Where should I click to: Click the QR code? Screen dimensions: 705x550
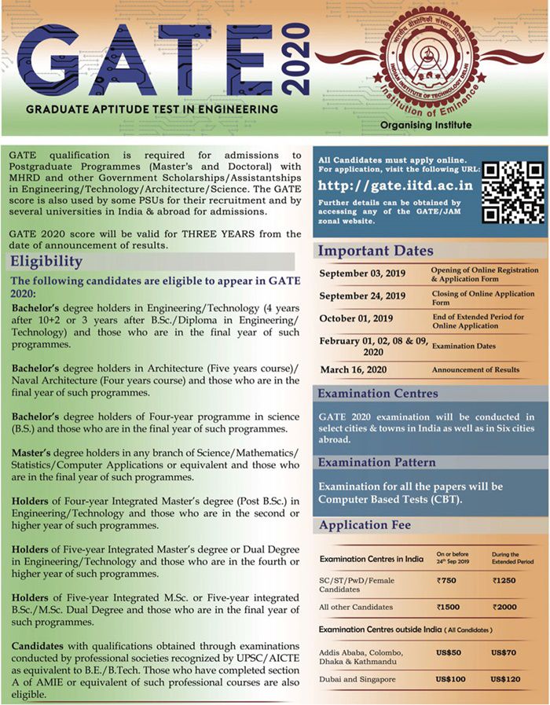(511, 191)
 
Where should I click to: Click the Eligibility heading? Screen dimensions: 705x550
(46, 261)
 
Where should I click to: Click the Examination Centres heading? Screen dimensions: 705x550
(377, 393)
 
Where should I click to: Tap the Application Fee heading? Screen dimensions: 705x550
(362, 526)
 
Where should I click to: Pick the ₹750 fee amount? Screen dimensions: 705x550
(448, 580)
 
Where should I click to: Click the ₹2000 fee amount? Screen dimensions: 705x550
(504, 607)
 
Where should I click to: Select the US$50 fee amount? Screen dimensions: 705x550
(449, 652)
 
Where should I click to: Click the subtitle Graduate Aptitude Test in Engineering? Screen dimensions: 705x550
(152, 108)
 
